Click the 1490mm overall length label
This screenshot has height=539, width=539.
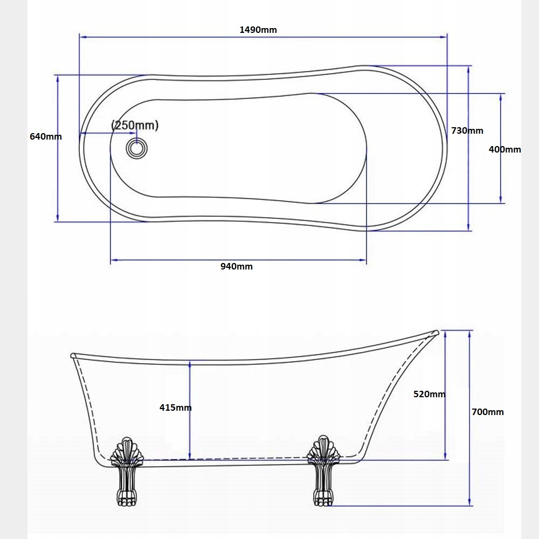[x=258, y=30]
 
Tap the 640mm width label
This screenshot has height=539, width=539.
[x=46, y=136]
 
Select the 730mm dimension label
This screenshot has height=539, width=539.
[x=467, y=130]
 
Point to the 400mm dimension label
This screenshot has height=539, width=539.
[x=505, y=149]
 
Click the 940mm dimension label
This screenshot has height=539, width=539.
[x=237, y=266]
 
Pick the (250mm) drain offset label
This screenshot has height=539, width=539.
[x=135, y=125]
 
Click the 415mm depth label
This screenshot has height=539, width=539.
[x=175, y=407]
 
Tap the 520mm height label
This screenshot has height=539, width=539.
[x=430, y=394]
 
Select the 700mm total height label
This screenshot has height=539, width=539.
[x=487, y=412]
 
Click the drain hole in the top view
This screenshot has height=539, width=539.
[x=137, y=149]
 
